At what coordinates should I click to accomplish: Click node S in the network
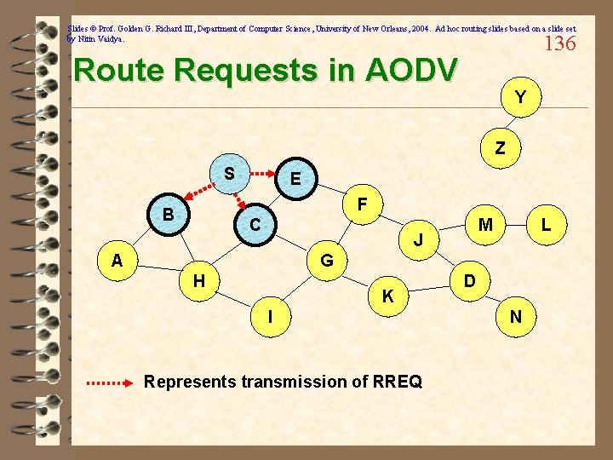pos(228,173)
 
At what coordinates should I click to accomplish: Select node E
pos(295,179)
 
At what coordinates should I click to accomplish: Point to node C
pos(255,225)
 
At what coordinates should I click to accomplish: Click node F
pos(362,204)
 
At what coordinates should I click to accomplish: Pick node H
pos(198,279)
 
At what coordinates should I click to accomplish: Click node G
pos(326,260)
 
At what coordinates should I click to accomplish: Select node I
pos(270,317)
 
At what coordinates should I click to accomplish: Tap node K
pos(387,296)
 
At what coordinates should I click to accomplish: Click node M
pos(485,225)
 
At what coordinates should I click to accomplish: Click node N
pos(516,317)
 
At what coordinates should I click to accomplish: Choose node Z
pos(500,147)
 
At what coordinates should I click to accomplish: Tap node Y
pos(519,98)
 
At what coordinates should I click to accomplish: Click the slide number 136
pos(559,43)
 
